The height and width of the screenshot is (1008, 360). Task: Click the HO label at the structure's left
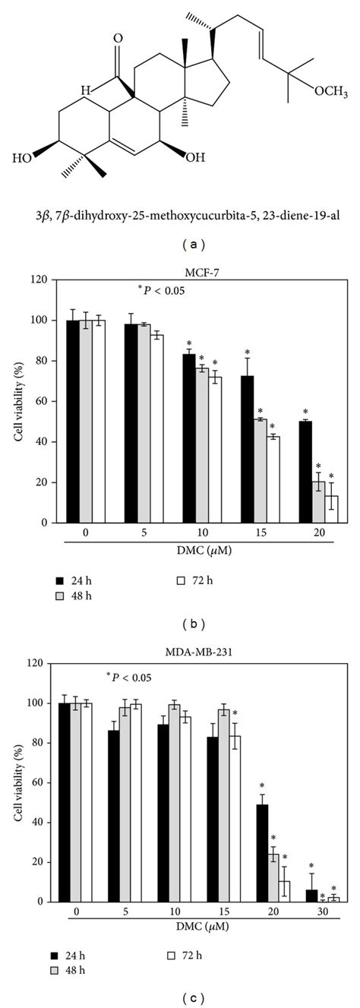[x=26, y=159]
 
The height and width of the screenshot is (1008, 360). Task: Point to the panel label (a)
[x=180, y=246]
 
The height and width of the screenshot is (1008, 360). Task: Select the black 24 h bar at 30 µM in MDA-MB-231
[x=311, y=896]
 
